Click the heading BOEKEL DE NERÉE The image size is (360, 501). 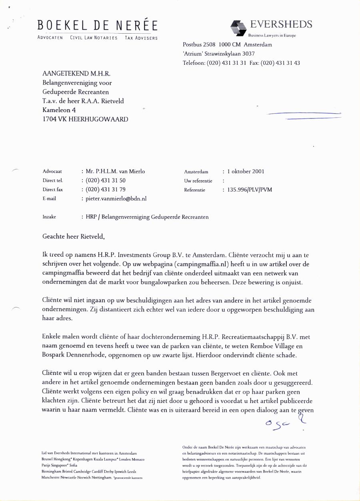[98, 25]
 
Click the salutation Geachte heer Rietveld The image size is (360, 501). [73, 236]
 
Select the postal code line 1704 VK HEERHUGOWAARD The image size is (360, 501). [85, 119]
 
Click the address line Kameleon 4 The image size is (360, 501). [59, 110]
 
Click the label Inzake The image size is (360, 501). [49, 217]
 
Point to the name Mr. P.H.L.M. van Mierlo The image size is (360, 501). [115, 171]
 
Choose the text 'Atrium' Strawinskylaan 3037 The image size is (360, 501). [219, 54]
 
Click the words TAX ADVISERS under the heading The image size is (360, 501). [141, 38]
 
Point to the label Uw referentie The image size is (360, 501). [198, 181]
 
